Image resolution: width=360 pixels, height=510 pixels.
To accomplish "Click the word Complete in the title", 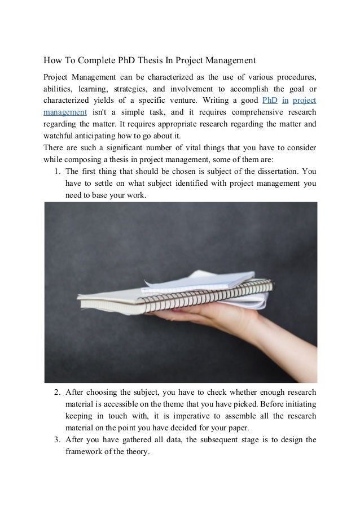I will pos(97,60).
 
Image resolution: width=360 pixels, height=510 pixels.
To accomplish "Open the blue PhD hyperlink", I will pos(270,101).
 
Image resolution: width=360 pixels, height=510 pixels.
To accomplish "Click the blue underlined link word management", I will pos(66,112).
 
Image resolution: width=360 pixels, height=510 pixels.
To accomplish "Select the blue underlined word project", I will pos(305,101).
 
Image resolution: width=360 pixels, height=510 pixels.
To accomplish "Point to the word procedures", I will pos(291,76).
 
